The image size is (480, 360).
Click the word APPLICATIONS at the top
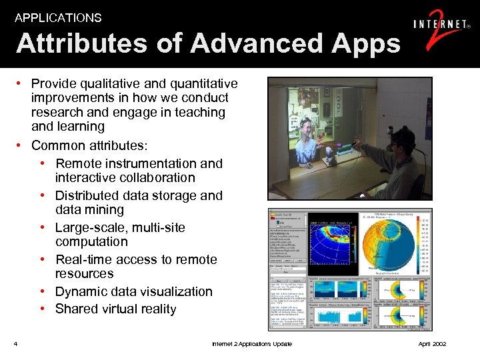tap(58, 18)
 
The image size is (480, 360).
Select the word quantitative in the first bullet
tap(199, 83)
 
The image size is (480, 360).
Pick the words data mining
tap(89, 210)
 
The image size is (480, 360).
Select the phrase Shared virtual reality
tap(115, 309)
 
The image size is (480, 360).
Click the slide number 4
tap(15, 344)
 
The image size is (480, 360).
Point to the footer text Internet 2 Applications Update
tap(251, 344)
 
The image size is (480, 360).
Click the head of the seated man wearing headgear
tap(399, 143)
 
